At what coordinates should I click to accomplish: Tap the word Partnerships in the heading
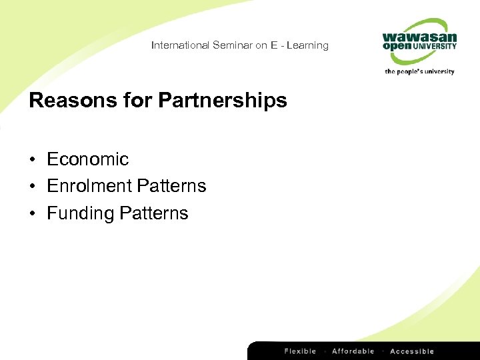tap(223, 101)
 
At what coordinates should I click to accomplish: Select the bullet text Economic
tap(87, 159)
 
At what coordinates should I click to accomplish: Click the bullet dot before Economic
tap(32, 160)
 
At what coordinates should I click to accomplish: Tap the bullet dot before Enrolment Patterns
tap(32, 187)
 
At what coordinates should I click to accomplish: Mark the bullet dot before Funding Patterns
tap(32, 214)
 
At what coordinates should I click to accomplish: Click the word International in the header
tap(180, 45)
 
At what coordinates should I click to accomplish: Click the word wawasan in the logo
tap(419, 37)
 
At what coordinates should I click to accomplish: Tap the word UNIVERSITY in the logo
tap(435, 47)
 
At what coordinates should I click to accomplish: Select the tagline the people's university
tap(419, 71)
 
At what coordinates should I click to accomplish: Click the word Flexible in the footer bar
tap(301, 351)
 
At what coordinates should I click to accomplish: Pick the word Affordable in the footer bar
tap(353, 351)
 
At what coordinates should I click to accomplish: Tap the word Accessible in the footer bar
tap(411, 351)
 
